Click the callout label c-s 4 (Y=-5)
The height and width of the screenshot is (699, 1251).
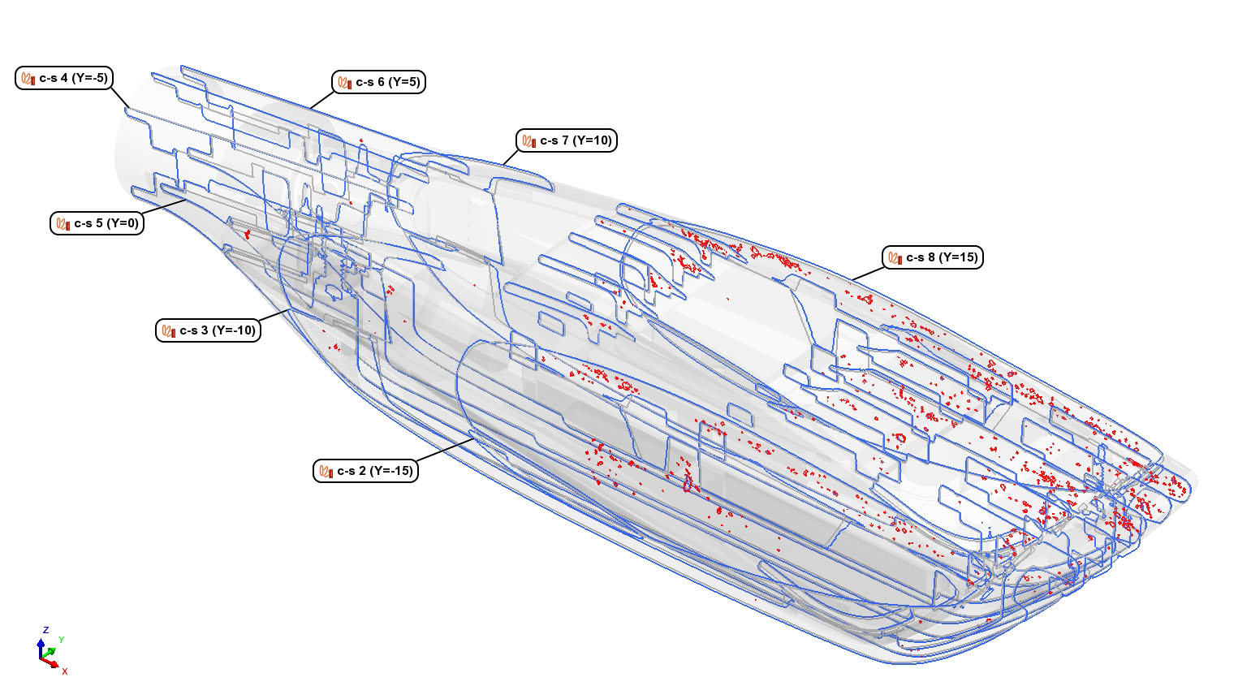pos(64,78)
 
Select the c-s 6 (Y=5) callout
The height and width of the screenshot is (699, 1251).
pos(378,82)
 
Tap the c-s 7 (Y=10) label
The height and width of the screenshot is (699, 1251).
pos(567,140)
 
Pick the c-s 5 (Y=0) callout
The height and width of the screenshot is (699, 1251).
pos(97,223)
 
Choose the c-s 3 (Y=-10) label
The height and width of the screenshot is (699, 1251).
pos(209,330)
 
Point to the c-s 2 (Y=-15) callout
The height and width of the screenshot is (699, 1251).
pos(366,471)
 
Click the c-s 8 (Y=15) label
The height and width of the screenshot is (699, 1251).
pos(932,257)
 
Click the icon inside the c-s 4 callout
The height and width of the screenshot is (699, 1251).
pos(28,78)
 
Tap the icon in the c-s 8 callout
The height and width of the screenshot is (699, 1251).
pos(895,257)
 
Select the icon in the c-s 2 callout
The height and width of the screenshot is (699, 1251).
pos(326,471)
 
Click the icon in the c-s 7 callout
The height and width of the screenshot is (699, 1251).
pos(529,140)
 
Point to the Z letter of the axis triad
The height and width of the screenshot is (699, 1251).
pos(45,630)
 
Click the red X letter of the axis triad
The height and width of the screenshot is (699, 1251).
pos(65,671)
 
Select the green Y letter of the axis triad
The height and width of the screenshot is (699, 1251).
pos(62,640)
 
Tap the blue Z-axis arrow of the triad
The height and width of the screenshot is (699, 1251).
pos(41,649)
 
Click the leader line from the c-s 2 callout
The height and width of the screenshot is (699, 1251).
pos(446,450)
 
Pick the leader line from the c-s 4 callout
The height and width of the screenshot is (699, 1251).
pos(120,98)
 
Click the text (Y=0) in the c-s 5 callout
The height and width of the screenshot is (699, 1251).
pos(122,223)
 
